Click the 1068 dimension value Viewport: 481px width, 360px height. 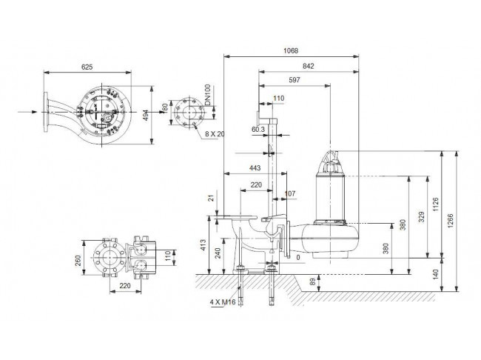(x=291, y=50)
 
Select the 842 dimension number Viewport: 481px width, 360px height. (x=309, y=66)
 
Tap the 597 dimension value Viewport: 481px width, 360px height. (x=295, y=80)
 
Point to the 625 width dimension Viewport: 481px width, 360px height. (x=87, y=67)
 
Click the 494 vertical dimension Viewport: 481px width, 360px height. (x=146, y=116)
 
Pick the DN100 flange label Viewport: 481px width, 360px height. (x=208, y=95)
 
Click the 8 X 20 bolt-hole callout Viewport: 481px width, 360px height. (x=215, y=134)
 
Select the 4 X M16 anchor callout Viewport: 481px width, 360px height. (x=223, y=302)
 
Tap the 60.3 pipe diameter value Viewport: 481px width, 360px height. (x=258, y=130)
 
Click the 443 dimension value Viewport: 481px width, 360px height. (x=255, y=168)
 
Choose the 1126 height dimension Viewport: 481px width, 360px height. (x=436, y=204)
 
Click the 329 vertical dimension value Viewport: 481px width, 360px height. (x=422, y=217)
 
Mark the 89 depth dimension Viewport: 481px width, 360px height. (x=312, y=282)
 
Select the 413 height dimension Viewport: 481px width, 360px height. (x=203, y=245)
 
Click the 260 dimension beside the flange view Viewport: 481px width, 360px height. (x=78, y=261)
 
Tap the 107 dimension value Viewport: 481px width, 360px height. (x=290, y=193)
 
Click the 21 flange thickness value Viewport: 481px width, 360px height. (x=211, y=198)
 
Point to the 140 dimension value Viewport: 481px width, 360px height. (x=436, y=274)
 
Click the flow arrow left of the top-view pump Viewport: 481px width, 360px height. (x=27, y=112)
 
